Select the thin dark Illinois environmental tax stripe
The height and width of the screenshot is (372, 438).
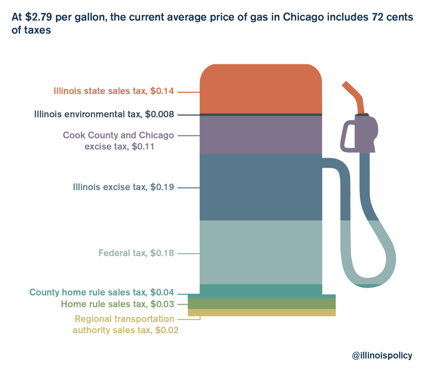pos(260,115)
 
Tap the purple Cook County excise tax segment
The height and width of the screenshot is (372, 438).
pos(260,135)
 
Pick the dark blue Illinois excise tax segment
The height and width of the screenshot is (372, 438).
pos(260,187)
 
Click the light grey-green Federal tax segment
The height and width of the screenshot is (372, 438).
pos(260,252)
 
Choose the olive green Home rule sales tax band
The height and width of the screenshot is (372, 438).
pos(261,304)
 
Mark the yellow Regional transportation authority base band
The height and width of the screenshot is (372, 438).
pos(261,313)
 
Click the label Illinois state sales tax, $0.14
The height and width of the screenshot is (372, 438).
pos(114,91)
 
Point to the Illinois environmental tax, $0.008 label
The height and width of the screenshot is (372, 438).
pos(104,115)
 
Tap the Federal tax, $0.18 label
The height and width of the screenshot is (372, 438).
pos(136,253)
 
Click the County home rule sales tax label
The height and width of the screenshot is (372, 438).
pos(101,293)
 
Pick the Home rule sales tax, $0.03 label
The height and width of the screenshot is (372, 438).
pos(117,304)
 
